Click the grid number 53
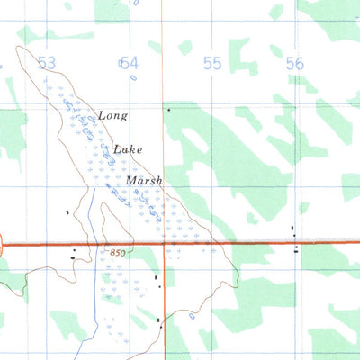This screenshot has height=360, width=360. pyautogui.click(x=48, y=62)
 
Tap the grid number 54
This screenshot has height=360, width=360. pyautogui.click(x=130, y=62)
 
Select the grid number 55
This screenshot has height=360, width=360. pyautogui.click(x=212, y=62)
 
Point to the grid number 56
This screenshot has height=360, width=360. pyautogui.click(x=294, y=62)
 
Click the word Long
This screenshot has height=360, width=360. pyautogui.click(x=113, y=116)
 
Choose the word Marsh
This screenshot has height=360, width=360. pyautogui.click(x=144, y=180)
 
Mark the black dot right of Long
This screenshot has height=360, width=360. pyautogui.click(x=167, y=110)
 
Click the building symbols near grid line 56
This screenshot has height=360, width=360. pyautogui.click(x=294, y=238)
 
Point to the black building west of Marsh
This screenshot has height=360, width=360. pyautogui.click(x=67, y=212)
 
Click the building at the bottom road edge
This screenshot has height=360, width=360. pyautogui.click(x=159, y=319)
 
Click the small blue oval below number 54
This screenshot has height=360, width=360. pyautogui.click(x=132, y=77)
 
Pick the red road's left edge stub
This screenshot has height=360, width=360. pyautogui.click(x=3, y=243)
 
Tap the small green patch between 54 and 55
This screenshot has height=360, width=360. pyautogui.click(x=184, y=47)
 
